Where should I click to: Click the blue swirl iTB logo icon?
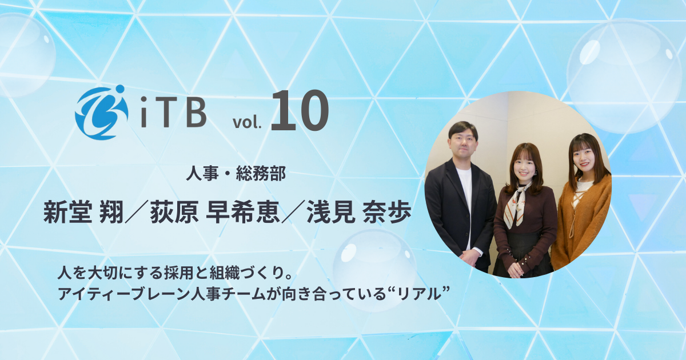coord(100,112)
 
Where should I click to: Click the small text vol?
coord(246,122)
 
